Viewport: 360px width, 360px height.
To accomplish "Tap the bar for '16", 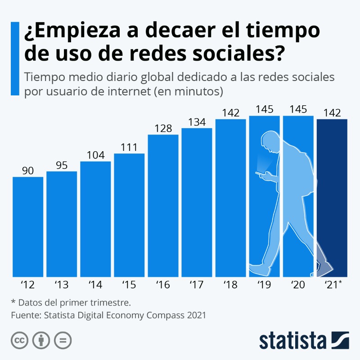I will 163,205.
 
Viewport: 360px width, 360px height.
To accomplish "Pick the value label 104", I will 95,155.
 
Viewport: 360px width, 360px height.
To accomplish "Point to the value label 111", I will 129,148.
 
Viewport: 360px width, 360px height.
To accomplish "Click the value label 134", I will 197,122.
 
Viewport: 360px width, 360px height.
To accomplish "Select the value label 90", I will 28,171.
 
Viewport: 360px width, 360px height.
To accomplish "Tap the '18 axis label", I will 230,285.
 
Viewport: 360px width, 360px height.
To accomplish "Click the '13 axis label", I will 61,285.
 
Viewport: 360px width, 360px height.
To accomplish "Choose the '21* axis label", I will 333,285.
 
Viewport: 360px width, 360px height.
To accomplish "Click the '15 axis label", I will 129,285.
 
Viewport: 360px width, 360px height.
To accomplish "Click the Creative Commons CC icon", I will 19,340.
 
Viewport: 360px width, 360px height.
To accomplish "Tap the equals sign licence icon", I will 63,340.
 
